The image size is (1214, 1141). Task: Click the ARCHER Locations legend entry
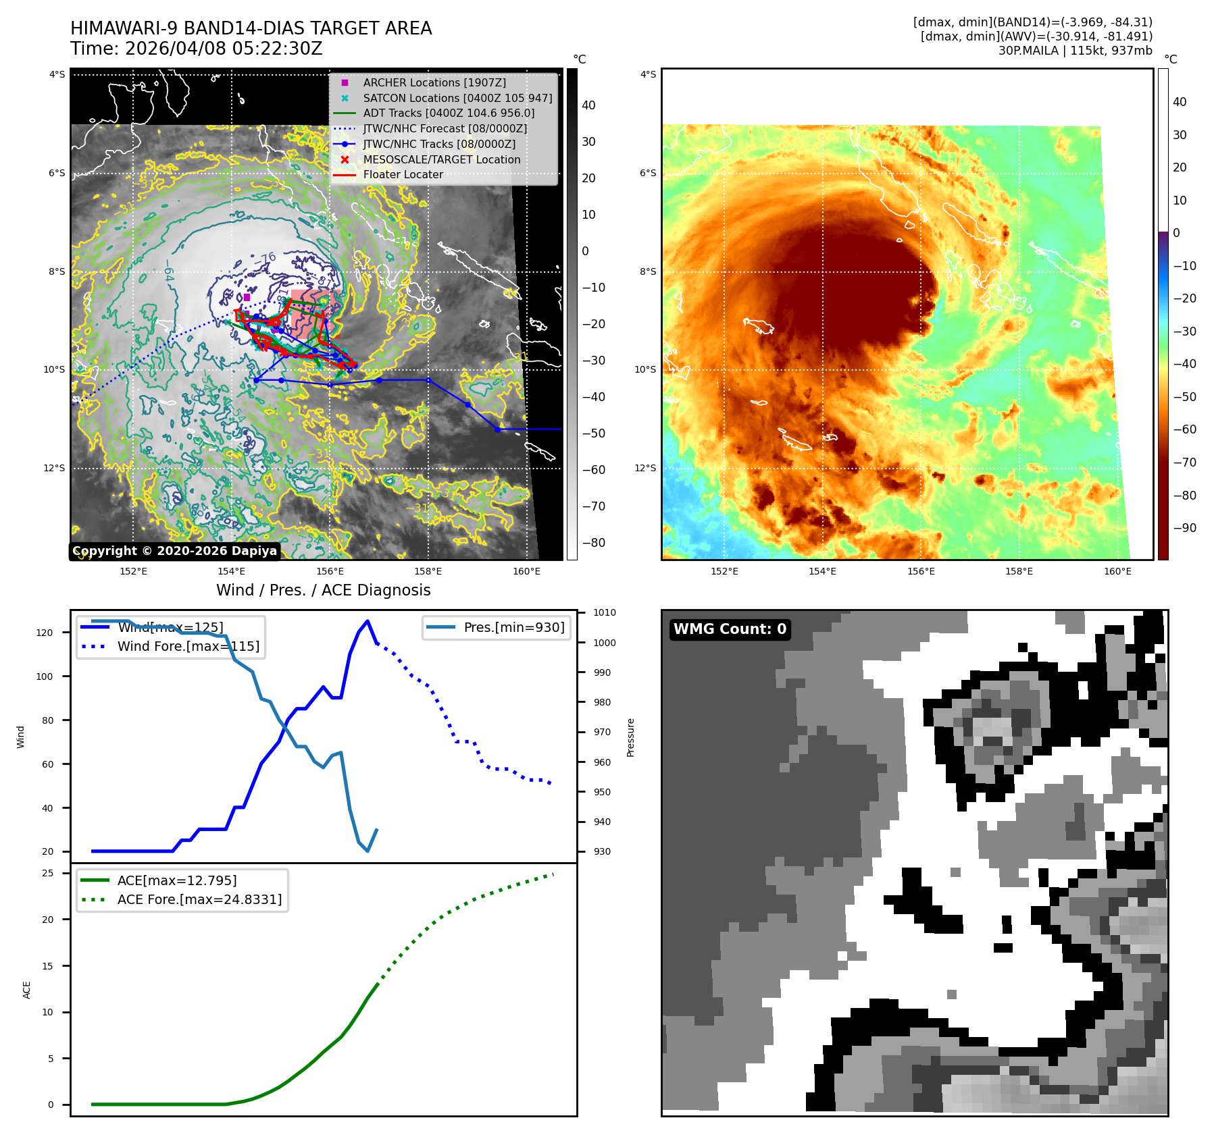pyautogui.click(x=434, y=82)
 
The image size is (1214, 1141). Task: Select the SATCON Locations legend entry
pyautogui.click(x=457, y=98)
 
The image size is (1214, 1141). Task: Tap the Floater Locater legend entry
pyautogui.click(x=403, y=174)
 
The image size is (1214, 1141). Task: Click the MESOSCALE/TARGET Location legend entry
pyautogui.click(x=441, y=159)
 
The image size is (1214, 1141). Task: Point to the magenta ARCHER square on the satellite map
pyautogui.click(x=247, y=297)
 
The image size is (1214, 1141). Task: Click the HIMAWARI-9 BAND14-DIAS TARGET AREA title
pyautogui.click(x=251, y=28)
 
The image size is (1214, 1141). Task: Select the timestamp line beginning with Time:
pyautogui.click(x=196, y=49)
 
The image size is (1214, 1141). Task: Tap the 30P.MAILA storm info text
pyautogui.click(x=1075, y=51)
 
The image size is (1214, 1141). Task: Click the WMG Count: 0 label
pyautogui.click(x=730, y=629)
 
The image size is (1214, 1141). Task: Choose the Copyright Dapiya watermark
pyautogui.click(x=174, y=551)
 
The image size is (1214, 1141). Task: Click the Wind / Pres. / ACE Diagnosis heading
pyautogui.click(x=323, y=590)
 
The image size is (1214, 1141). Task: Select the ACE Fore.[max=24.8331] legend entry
pyautogui.click(x=199, y=899)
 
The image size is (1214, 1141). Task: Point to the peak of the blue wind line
pyautogui.click(x=368, y=621)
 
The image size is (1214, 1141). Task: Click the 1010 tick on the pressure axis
pyautogui.click(x=604, y=613)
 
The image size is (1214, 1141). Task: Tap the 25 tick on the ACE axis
pyautogui.click(x=47, y=873)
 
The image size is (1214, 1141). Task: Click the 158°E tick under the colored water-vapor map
pyautogui.click(x=1019, y=571)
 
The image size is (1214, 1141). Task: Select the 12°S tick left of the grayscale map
pyautogui.click(x=55, y=468)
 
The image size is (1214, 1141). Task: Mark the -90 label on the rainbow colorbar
pyautogui.click(x=1184, y=528)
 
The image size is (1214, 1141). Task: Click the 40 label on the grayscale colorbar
pyautogui.click(x=588, y=105)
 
